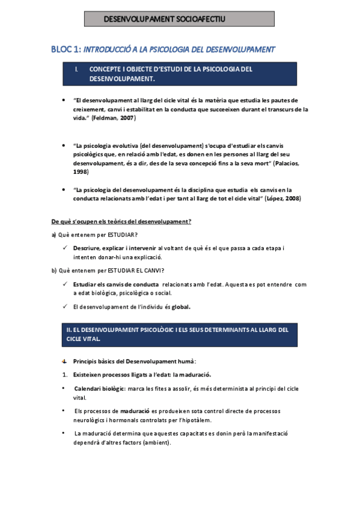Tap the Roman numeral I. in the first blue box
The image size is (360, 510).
[x=76, y=69]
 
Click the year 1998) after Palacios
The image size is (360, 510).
[x=79, y=172]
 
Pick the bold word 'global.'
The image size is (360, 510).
[x=181, y=307]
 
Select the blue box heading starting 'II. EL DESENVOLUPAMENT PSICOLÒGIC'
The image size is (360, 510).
[x=178, y=334]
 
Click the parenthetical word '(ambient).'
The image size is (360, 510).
[x=154, y=443]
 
